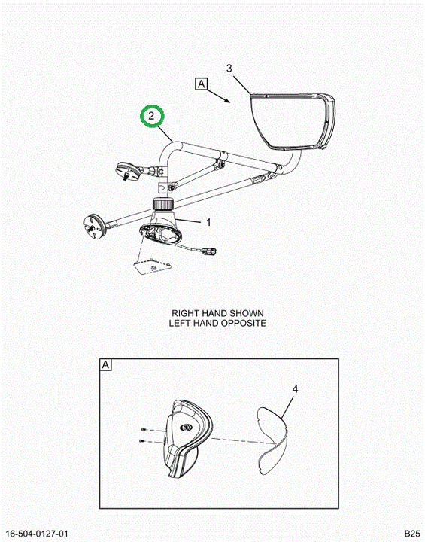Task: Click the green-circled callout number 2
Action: (x=151, y=116)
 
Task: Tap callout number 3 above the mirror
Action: (x=229, y=69)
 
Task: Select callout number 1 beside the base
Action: (x=208, y=222)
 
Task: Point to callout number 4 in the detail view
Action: (x=295, y=389)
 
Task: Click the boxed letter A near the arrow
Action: (x=202, y=84)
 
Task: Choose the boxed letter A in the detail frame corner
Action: (x=106, y=365)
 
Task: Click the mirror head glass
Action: (x=288, y=120)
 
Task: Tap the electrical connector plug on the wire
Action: (x=210, y=251)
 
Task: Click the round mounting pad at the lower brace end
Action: (x=93, y=225)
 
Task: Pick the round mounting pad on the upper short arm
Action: (x=128, y=170)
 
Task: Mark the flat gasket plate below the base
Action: (x=153, y=267)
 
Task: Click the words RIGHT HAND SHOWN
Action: (x=217, y=313)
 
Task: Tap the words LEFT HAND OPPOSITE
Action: (x=217, y=323)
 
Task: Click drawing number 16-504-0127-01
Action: (x=38, y=534)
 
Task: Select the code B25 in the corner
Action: (x=412, y=534)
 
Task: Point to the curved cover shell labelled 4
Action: (x=273, y=440)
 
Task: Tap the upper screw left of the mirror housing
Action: (x=144, y=429)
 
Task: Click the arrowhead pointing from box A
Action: (x=227, y=100)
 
